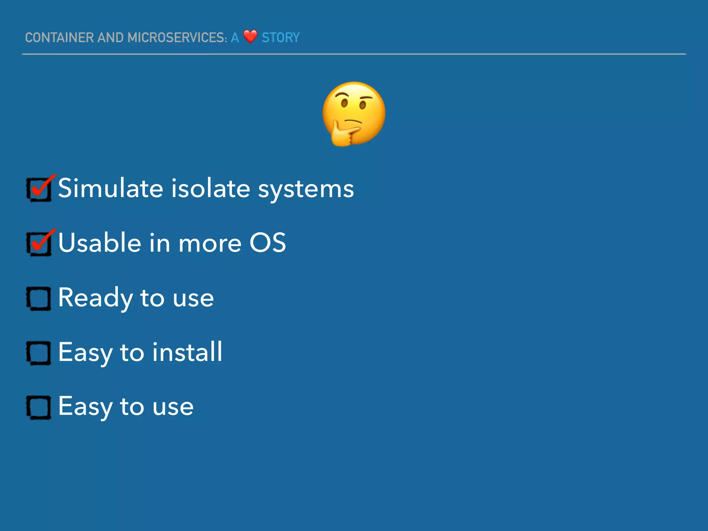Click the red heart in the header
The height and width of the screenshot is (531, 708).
pos(250,36)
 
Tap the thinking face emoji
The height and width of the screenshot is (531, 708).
pos(354,113)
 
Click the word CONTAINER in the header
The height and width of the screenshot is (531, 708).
pos(59,38)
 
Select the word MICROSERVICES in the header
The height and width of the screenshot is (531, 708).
pos(177,38)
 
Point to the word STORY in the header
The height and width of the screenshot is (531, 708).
pos(280,38)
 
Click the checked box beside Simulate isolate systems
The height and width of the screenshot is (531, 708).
pos(39,189)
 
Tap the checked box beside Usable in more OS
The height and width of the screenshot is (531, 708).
pos(39,243)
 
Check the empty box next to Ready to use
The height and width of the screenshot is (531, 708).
pos(39,298)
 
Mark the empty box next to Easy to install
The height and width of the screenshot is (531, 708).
pos(39,353)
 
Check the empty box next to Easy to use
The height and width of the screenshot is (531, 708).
pos(39,407)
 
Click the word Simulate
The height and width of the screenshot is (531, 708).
pos(110,188)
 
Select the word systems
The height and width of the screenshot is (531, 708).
pos(306,189)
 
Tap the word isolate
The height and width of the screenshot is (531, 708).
pos(211,188)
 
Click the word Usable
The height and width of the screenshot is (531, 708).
pos(100,242)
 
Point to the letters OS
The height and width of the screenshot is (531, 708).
pos(268,242)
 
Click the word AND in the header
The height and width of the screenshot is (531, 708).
pos(110,38)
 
